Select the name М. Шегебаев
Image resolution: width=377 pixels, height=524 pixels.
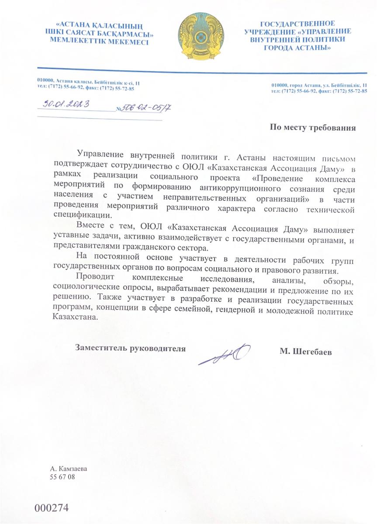click(x=306, y=350)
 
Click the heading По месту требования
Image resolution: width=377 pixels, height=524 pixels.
click(x=313, y=128)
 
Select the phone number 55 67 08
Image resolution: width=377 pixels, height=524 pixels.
click(x=63, y=477)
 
